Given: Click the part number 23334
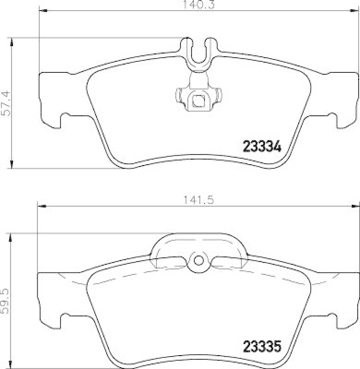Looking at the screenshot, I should (x=262, y=148).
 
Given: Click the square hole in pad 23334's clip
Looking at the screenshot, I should (x=199, y=100).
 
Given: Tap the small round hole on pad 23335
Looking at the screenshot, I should (x=199, y=260).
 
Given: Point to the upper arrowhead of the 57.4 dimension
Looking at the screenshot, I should (x=12, y=42).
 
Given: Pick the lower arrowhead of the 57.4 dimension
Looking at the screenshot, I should (x=12, y=165).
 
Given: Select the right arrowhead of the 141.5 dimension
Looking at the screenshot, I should (x=356, y=206).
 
